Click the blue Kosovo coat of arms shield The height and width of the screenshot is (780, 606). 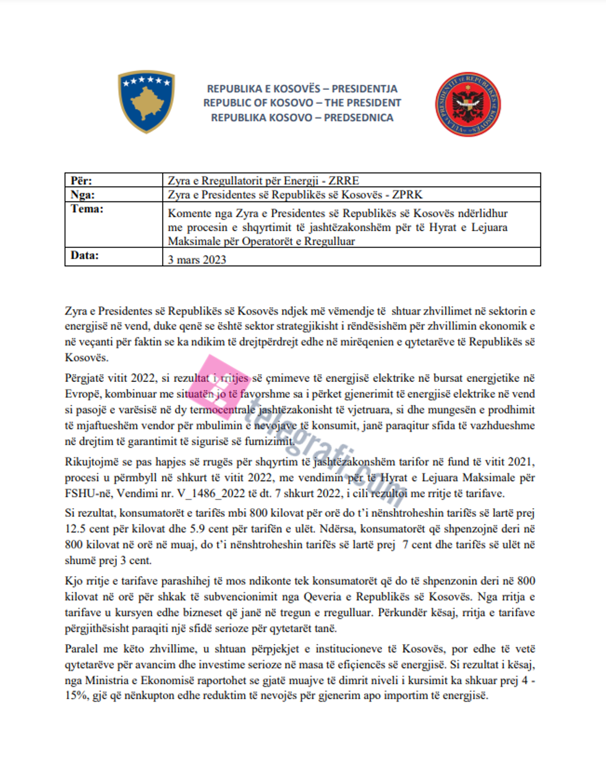pyautogui.click(x=146, y=101)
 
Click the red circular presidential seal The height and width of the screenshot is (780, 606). pyautogui.click(x=467, y=105)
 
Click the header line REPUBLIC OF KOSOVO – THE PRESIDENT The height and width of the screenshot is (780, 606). pyautogui.click(x=302, y=103)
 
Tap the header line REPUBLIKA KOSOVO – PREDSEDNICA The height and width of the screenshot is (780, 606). pyautogui.click(x=302, y=117)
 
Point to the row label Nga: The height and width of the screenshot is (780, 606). pyautogui.click(x=82, y=195)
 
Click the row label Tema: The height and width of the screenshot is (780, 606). pyautogui.click(x=87, y=209)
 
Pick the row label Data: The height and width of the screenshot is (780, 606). pyautogui.click(x=85, y=255)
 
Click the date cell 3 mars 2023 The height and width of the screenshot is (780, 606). pyautogui.click(x=197, y=260)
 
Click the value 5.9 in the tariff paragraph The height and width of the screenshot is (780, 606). pyautogui.click(x=196, y=529)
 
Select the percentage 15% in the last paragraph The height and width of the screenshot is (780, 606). pyautogui.click(x=77, y=695)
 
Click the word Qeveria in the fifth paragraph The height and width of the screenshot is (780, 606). pyautogui.click(x=323, y=597)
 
